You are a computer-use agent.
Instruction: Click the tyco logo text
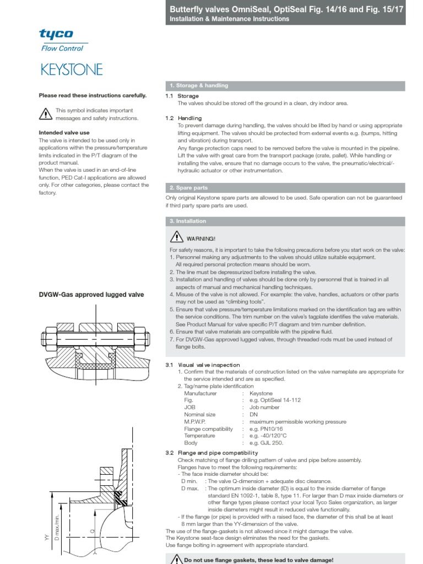(56, 35)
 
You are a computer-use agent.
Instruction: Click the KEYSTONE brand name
(70, 70)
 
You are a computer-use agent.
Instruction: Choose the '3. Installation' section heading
(188, 221)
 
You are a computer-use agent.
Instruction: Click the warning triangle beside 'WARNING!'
(176, 237)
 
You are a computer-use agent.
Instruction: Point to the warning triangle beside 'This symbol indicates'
(45, 114)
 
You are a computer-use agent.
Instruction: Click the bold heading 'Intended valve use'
(64, 133)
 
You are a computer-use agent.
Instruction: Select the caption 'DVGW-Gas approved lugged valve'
(91, 295)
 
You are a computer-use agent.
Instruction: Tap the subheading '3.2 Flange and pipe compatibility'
(211, 453)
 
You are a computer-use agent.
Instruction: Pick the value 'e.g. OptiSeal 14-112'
(275, 400)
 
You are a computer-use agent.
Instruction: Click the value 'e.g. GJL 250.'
(266, 443)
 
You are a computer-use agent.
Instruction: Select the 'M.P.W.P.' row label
(196, 422)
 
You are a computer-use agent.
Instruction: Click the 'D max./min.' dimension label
(56, 529)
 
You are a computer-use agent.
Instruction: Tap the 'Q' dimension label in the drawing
(93, 531)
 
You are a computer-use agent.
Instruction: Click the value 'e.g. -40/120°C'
(268, 436)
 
